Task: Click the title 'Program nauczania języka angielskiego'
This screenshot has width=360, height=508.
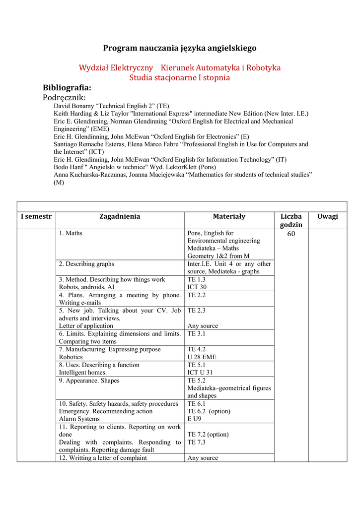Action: point(180,48)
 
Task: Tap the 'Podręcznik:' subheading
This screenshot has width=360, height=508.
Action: point(65,98)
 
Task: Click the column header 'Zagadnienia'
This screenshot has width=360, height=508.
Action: point(120,216)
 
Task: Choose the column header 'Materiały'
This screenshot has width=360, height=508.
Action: point(229,216)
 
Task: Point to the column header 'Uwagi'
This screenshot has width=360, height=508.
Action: point(328,216)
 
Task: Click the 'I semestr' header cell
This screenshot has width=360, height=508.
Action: point(37,216)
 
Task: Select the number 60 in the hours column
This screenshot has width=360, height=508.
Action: point(291,234)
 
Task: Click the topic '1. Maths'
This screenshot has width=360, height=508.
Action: point(71,233)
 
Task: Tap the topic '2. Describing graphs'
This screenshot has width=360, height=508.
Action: point(86,264)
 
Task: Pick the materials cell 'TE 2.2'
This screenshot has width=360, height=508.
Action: point(197,295)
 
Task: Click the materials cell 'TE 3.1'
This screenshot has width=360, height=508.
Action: point(197,334)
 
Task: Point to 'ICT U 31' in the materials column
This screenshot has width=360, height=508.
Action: point(200,373)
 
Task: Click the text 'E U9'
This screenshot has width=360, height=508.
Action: point(194,419)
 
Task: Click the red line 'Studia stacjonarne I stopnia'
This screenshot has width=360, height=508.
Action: point(180,77)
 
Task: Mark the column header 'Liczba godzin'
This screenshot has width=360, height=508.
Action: point(291,220)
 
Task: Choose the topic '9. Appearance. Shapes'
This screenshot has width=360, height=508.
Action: point(89,381)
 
